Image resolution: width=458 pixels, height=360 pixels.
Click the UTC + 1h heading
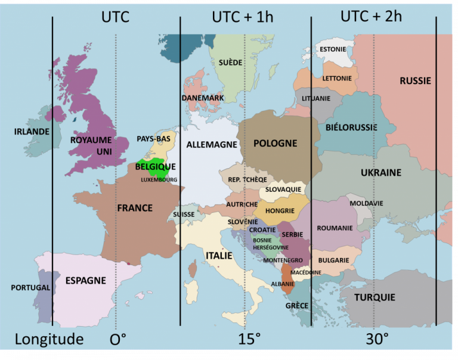click(x=243, y=17)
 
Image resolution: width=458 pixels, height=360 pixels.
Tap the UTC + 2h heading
click(x=371, y=16)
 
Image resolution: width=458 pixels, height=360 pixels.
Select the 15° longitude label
click(x=249, y=340)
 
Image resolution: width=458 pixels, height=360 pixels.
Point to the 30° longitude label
click(x=377, y=340)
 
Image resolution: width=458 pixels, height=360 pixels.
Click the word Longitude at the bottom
click(x=49, y=340)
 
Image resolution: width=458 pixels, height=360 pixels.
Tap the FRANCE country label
click(x=135, y=208)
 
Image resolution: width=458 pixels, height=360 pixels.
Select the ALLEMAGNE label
click(x=212, y=144)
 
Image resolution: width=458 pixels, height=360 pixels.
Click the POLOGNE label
click(x=275, y=143)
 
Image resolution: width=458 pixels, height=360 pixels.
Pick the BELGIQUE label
click(x=155, y=167)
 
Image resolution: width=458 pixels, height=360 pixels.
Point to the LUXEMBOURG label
click(x=159, y=179)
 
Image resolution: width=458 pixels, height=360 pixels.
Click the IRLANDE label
click(x=32, y=131)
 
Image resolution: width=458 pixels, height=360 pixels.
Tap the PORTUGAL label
click(x=30, y=287)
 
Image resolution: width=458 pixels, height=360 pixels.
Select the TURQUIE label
click(x=375, y=297)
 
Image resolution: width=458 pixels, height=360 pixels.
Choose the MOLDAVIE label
click(x=366, y=203)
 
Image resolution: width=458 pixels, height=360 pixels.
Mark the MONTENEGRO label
click(x=283, y=260)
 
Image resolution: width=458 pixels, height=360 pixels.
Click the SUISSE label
click(x=183, y=214)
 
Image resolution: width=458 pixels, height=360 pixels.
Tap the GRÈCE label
click(x=296, y=306)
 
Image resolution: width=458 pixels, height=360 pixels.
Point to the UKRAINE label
click(x=380, y=172)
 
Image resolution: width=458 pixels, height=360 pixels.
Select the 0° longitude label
click(x=118, y=340)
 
